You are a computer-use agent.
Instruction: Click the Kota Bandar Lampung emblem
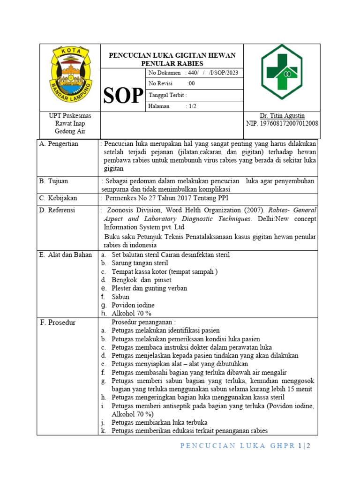tap(70, 75)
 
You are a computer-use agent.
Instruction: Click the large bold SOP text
tap(123, 96)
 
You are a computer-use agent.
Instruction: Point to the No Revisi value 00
tap(191, 84)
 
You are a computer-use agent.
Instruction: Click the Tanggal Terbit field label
tap(167, 95)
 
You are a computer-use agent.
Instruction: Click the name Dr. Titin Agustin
tap(282, 116)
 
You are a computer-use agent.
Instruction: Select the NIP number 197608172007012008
tap(282, 124)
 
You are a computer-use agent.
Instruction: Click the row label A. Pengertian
tap(60, 144)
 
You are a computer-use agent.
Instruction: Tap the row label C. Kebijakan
tap(59, 198)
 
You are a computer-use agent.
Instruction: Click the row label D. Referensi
tap(58, 210)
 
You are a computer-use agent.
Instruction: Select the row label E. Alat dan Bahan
tap(66, 255)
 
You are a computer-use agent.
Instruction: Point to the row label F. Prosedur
tap(58, 322)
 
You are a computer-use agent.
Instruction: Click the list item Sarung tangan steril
tap(140, 263)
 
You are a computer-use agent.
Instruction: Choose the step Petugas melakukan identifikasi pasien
tap(165, 330)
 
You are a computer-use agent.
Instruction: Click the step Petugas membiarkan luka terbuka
tap(159, 423)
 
